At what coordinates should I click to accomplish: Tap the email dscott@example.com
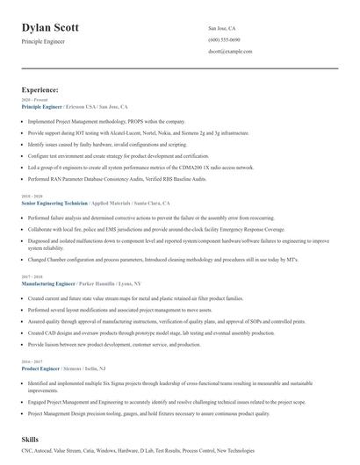pos(231,52)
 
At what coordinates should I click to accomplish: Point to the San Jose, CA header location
pos(222,28)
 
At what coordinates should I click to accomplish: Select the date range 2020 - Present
pos(31,100)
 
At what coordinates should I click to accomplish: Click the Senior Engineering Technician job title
pos(54,203)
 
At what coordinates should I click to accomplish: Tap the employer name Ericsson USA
pos(84,106)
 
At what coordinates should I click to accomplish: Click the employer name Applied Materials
pos(112,203)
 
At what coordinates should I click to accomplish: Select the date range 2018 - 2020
pos(30,197)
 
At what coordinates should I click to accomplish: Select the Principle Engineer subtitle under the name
pos(43,41)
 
